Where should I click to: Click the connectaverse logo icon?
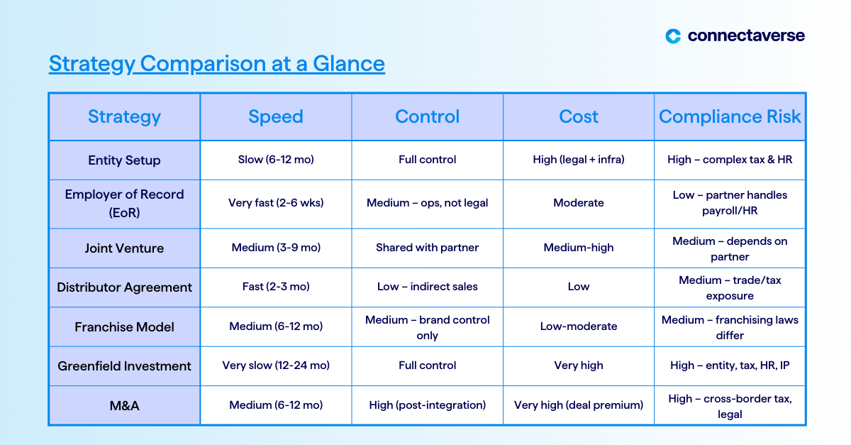(x=673, y=36)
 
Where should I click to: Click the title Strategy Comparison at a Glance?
(x=217, y=63)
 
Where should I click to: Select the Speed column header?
(x=276, y=116)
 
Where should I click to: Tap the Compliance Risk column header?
(x=730, y=116)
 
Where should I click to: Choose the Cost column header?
(x=579, y=116)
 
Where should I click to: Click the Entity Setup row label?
(x=124, y=160)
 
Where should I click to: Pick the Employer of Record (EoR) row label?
(x=124, y=204)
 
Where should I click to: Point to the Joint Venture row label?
(x=124, y=248)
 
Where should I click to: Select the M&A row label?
(x=124, y=406)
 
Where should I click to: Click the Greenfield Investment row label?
(x=124, y=366)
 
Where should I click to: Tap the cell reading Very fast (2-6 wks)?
(x=276, y=203)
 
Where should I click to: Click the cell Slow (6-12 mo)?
(x=276, y=160)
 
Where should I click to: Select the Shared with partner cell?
(x=428, y=248)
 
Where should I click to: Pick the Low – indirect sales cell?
(x=428, y=287)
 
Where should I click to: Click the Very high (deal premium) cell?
(x=579, y=405)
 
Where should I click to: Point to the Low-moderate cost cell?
(x=579, y=326)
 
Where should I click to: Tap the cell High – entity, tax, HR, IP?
(x=730, y=366)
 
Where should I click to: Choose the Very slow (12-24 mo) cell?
(x=276, y=366)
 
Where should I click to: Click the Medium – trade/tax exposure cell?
(x=730, y=288)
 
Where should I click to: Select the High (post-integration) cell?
(x=428, y=405)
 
